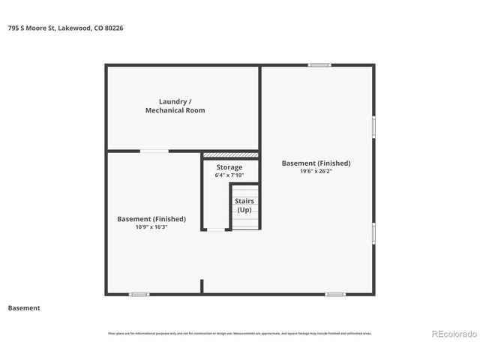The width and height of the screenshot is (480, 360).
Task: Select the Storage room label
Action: point(229,167)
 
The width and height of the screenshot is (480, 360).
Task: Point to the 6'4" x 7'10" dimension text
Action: point(229,175)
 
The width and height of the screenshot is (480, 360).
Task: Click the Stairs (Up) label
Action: point(244,205)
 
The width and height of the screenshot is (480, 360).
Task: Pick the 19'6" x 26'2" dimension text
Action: point(316,171)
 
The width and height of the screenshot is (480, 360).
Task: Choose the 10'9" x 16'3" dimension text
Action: point(151,227)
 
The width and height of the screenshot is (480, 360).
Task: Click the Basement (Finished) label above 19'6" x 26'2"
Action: point(316,163)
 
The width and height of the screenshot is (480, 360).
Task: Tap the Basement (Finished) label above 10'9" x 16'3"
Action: point(151,219)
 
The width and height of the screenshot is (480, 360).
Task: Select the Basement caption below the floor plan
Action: point(24,307)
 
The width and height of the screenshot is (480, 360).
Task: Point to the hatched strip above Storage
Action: point(231,155)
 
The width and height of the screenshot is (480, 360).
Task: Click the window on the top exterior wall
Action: point(319,65)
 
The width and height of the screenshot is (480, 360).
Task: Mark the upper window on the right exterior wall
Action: point(373,126)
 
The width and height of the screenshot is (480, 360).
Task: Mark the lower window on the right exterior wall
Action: point(373,232)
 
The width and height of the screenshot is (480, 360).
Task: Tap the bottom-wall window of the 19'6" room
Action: point(334,294)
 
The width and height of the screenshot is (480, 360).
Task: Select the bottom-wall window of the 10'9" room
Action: point(139,294)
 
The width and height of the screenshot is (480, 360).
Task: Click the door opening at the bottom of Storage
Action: point(216,229)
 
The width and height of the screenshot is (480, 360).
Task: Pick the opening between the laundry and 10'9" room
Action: point(154,151)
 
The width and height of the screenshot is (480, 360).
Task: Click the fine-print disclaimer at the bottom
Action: point(240,333)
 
